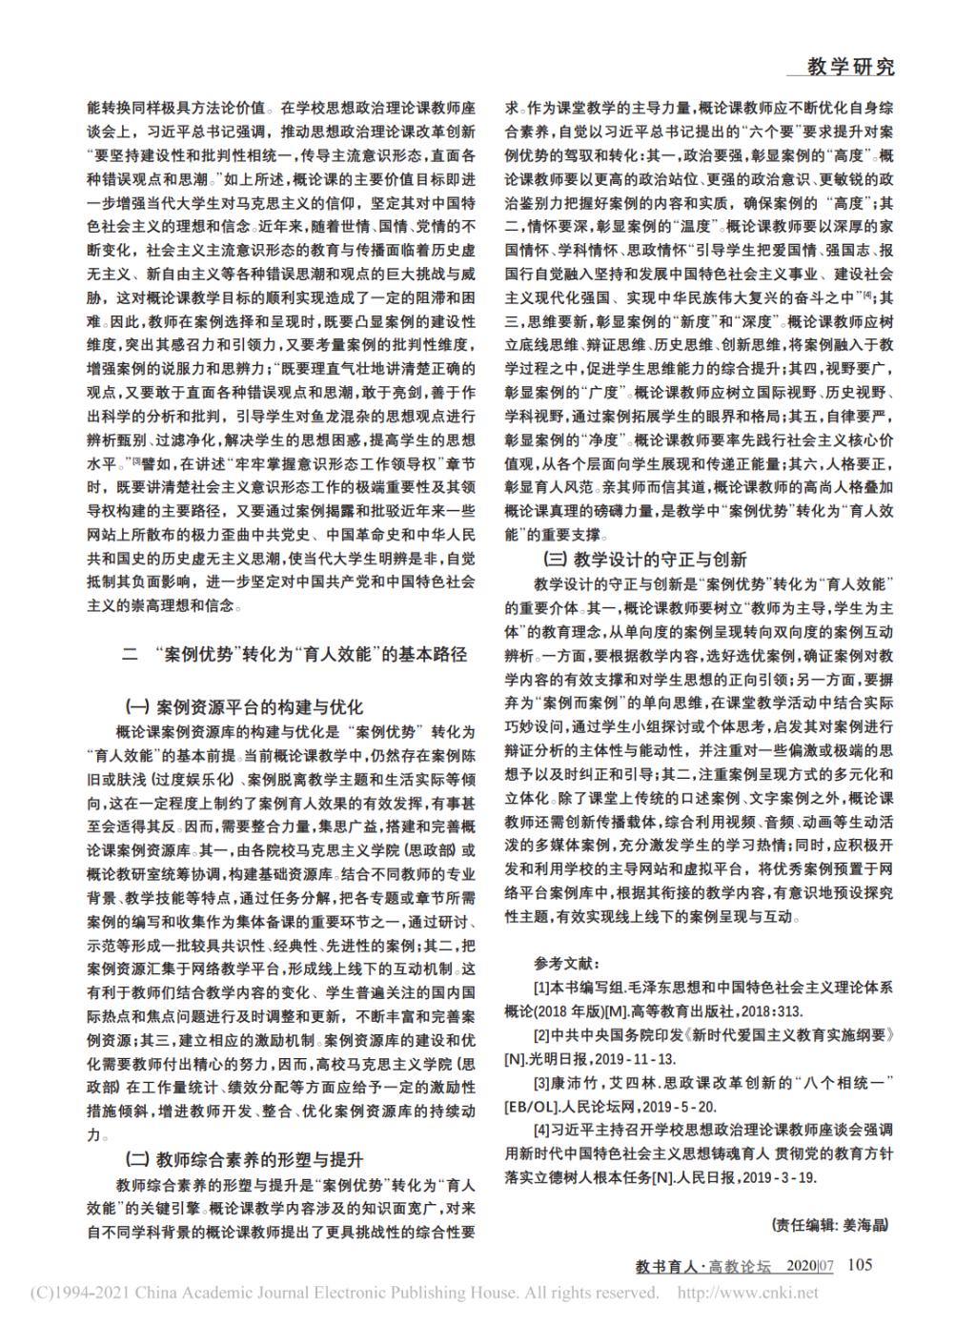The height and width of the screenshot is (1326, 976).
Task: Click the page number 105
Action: [860, 1265]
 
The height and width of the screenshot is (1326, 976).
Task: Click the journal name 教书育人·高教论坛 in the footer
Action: [703, 1267]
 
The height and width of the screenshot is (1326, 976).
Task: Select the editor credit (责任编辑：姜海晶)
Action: [829, 1224]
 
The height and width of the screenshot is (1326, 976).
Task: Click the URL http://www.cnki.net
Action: [747, 1294]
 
